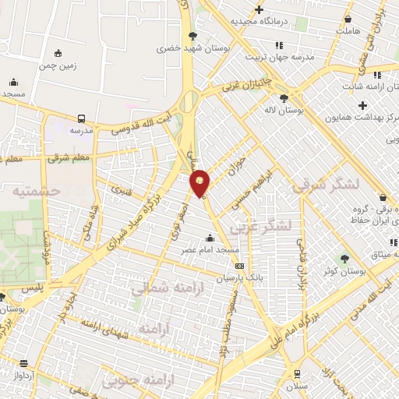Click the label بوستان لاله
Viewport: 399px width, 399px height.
click(x=283, y=111)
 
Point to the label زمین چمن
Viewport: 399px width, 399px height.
click(x=58, y=66)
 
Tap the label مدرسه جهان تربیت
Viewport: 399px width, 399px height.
click(x=279, y=57)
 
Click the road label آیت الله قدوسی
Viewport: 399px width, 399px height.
click(x=140, y=124)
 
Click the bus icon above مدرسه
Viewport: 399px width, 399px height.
click(x=82, y=118)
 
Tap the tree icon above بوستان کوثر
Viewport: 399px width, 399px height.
click(x=344, y=259)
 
